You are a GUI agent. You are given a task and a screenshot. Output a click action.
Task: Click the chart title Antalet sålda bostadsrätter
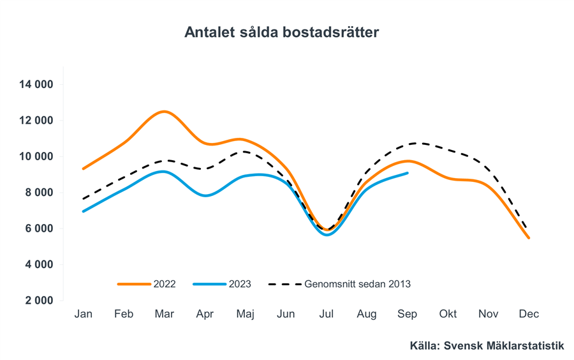click(281, 32)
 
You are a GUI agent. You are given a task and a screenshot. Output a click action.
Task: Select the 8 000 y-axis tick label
click(40, 193)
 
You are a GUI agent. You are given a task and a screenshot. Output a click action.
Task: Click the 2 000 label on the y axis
click(40, 301)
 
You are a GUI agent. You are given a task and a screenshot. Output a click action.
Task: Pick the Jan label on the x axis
click(83, 314)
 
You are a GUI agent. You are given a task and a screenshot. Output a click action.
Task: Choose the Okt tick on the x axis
click(448, 314)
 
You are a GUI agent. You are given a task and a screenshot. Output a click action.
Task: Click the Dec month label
click(529, 314)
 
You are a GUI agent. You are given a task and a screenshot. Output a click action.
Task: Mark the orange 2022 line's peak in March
click(165, 112)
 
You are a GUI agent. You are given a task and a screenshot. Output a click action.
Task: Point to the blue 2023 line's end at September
click(407, 173)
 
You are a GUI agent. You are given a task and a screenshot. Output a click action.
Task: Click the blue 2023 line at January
click(84, 211)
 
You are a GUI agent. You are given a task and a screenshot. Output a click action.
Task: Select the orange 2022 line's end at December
click(529, 237)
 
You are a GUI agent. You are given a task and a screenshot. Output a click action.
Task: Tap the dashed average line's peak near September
click(416, 143)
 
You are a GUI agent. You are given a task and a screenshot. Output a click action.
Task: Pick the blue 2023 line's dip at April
click(205, 195)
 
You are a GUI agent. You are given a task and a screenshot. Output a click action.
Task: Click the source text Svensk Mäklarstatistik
click(487, 346)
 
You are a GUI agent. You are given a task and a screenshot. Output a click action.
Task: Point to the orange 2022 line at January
click(84, 169)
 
